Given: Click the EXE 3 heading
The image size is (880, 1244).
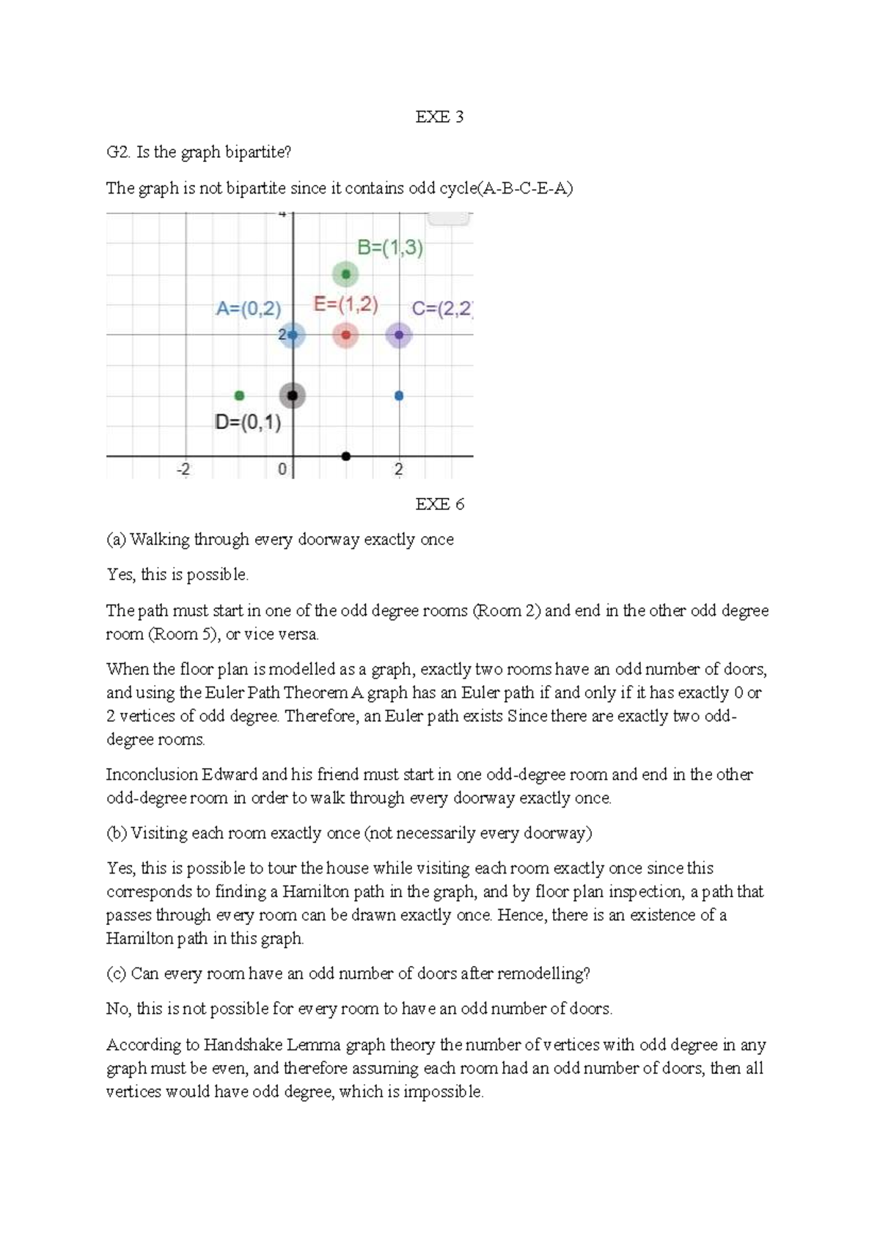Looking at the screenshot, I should coord(439,117).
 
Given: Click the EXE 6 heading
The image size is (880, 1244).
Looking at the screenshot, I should coord(439,504).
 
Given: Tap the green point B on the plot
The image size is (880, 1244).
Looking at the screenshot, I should coord(345,274).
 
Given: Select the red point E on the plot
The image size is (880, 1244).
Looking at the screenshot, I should coord(345,335).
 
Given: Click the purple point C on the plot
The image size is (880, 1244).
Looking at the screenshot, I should coord(399,335).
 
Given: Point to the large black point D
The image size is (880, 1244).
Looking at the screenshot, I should coord(293,396).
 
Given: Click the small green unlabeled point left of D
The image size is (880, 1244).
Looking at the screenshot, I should coord(239,396).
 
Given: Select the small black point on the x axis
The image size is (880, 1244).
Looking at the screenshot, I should coord(346,456).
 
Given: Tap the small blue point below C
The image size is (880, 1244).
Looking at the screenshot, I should coord(399,396).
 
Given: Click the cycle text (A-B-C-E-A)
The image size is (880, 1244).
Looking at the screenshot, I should coord(525,189).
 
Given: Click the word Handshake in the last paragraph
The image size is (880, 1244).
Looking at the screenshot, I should coord(241,1044).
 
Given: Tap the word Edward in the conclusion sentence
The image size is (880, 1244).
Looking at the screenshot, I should coord(230,775).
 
